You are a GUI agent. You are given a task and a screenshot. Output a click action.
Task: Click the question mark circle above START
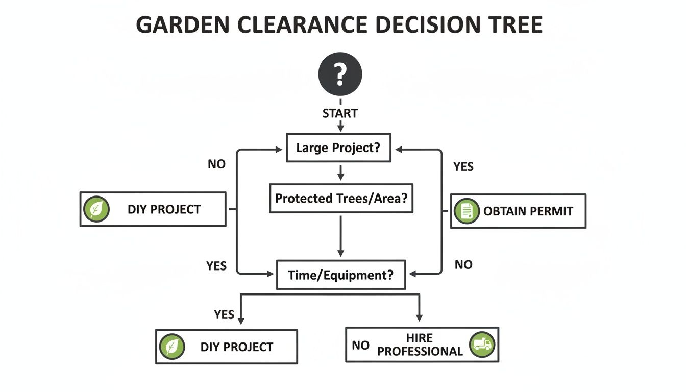click(340, 75)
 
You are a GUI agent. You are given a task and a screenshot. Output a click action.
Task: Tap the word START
click(340, 113)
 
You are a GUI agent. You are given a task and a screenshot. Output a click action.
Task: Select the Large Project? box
click(338, 148)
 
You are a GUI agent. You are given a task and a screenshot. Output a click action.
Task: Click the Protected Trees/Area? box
click(341, 198)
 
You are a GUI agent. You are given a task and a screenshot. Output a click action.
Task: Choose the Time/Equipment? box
click(340, 275)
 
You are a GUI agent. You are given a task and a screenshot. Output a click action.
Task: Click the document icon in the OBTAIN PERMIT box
click(467, 211)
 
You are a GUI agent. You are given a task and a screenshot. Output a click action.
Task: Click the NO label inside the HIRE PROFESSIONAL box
click(360, 346)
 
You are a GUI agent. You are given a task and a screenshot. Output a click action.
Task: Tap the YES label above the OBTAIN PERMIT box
click(463, 167)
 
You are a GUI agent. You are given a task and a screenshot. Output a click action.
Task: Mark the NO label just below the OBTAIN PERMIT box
click(463, 264)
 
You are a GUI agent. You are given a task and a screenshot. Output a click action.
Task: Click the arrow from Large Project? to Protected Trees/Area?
click(340, 172)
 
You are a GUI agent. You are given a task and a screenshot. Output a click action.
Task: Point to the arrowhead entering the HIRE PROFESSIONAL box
click(419, 318)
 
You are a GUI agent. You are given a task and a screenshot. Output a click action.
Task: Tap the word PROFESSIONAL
click(420, 352)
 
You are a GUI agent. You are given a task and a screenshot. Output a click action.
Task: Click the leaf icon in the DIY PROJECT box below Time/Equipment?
click(171, 347)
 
